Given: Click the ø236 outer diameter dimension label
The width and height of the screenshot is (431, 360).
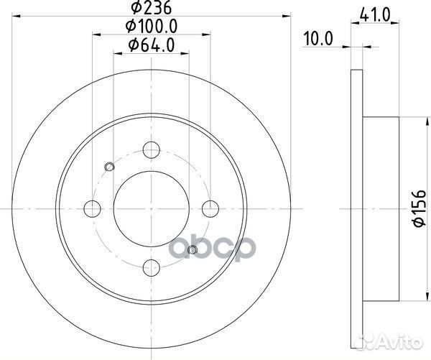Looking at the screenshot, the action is coord(151,7).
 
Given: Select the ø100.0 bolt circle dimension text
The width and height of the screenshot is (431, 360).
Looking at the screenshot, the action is coord(152,27).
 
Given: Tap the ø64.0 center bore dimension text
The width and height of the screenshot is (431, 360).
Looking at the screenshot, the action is coord(152,45).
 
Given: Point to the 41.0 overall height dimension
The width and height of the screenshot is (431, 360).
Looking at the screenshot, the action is coord(375,15).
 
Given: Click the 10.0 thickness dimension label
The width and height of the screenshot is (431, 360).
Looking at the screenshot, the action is coord(318,39).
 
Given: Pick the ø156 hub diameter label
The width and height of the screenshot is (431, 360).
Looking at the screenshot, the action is coord(420,208).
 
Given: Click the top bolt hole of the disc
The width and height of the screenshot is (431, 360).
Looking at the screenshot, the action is coord(152,150).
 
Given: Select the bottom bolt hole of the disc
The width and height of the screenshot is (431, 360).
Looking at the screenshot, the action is coord(152,267).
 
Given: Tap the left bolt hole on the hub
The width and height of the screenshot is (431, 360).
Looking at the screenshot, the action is coord(93,208).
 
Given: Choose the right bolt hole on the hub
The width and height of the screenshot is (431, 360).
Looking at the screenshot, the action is coord(210,208).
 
